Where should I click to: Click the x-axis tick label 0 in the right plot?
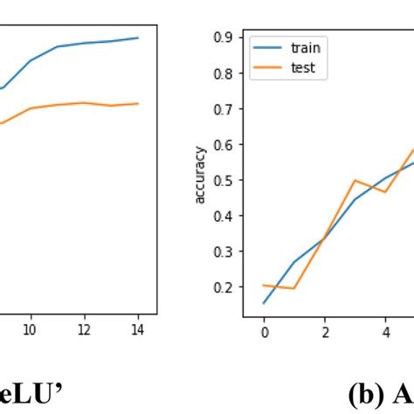264,332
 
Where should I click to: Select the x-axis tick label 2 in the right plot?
325,332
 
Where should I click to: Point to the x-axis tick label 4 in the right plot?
385,332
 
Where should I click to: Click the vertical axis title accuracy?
200,179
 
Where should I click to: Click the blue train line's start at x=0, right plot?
264,303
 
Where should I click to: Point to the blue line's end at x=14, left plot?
138,38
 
